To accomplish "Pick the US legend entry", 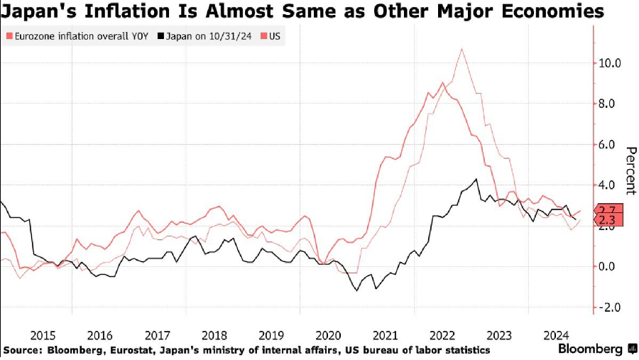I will coord(273,36).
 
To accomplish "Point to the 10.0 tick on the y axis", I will coord(608,62).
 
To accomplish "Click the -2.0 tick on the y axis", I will coord(609,307).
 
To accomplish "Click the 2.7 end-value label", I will coord(608,211).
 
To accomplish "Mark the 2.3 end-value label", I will coord(608,221).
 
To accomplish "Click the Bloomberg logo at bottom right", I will coord(592,349).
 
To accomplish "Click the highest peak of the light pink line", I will coord(462,49).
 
